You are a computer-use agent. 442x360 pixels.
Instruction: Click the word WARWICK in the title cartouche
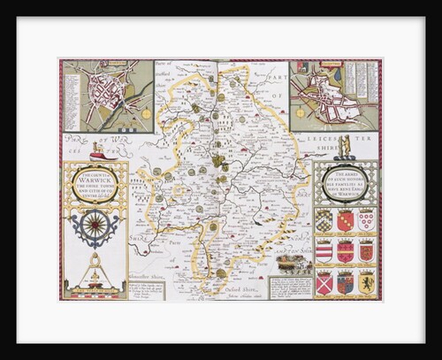[94, 181]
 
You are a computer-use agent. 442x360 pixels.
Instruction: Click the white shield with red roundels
[366, 219]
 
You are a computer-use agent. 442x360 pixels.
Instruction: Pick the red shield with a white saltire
[324, 283]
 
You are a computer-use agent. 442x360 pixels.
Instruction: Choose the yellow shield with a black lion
[366, 283]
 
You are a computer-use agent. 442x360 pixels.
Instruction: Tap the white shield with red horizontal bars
[324, 251]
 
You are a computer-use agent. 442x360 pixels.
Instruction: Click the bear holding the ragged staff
[347, 142]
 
